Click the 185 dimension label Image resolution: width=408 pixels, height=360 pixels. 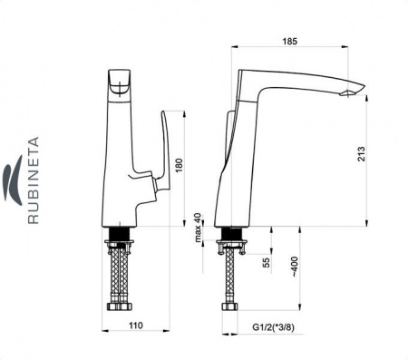click(x=290, y=41)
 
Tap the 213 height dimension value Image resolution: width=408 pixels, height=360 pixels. click(x=361, y=153)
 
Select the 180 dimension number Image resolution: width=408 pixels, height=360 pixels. click(x=180, y=165)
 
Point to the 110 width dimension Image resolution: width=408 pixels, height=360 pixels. click(x=136, y=326)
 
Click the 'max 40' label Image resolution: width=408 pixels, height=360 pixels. click(x=198, y=228)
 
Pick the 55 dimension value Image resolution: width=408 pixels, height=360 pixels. click(x=266, y=262)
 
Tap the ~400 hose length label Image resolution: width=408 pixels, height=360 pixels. click(x=295, y=267)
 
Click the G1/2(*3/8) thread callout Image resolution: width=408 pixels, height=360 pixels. click(x=273, y=327)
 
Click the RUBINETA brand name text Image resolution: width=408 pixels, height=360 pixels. click(x=34, y=180)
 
